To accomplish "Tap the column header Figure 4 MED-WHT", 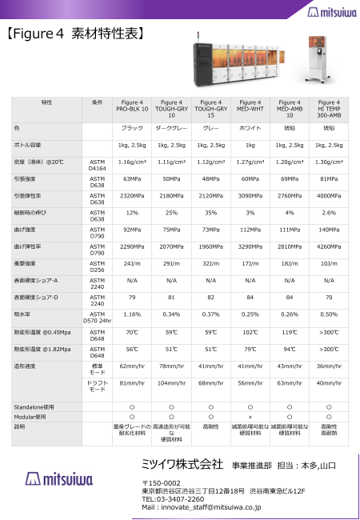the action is tap(250, 106).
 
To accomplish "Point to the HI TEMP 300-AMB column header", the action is tap(329, 106).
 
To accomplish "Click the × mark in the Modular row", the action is tap(250, 417).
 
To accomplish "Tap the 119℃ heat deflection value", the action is tap(290, 330).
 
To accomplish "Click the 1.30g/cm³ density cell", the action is tap(329, 162).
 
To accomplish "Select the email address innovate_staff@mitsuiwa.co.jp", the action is tap(201, 507).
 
